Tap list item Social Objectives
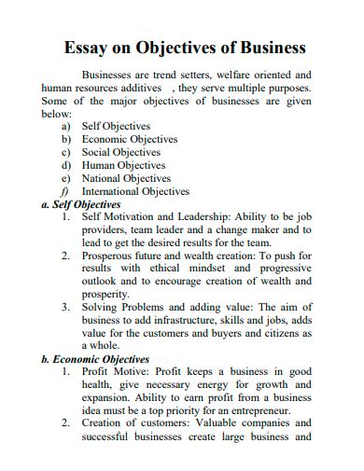pyautogui.click(x=121, y=152)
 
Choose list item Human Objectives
pyautogui.click(x=123, y=165)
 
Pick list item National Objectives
pyautogui.click(x=127, y=178)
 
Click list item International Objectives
pyautogui.click(x=136, y=191)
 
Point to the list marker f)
pyautogui.click(x=65, y=191)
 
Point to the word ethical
pyautogui.click(x=161, y=268)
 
